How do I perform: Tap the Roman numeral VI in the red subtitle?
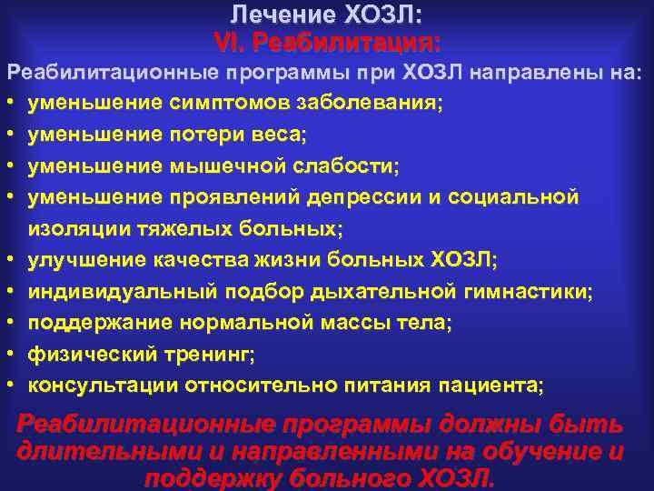tap(226, 42)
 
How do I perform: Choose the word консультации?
tap(103, 385)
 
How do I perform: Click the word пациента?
tap(498, 385)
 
